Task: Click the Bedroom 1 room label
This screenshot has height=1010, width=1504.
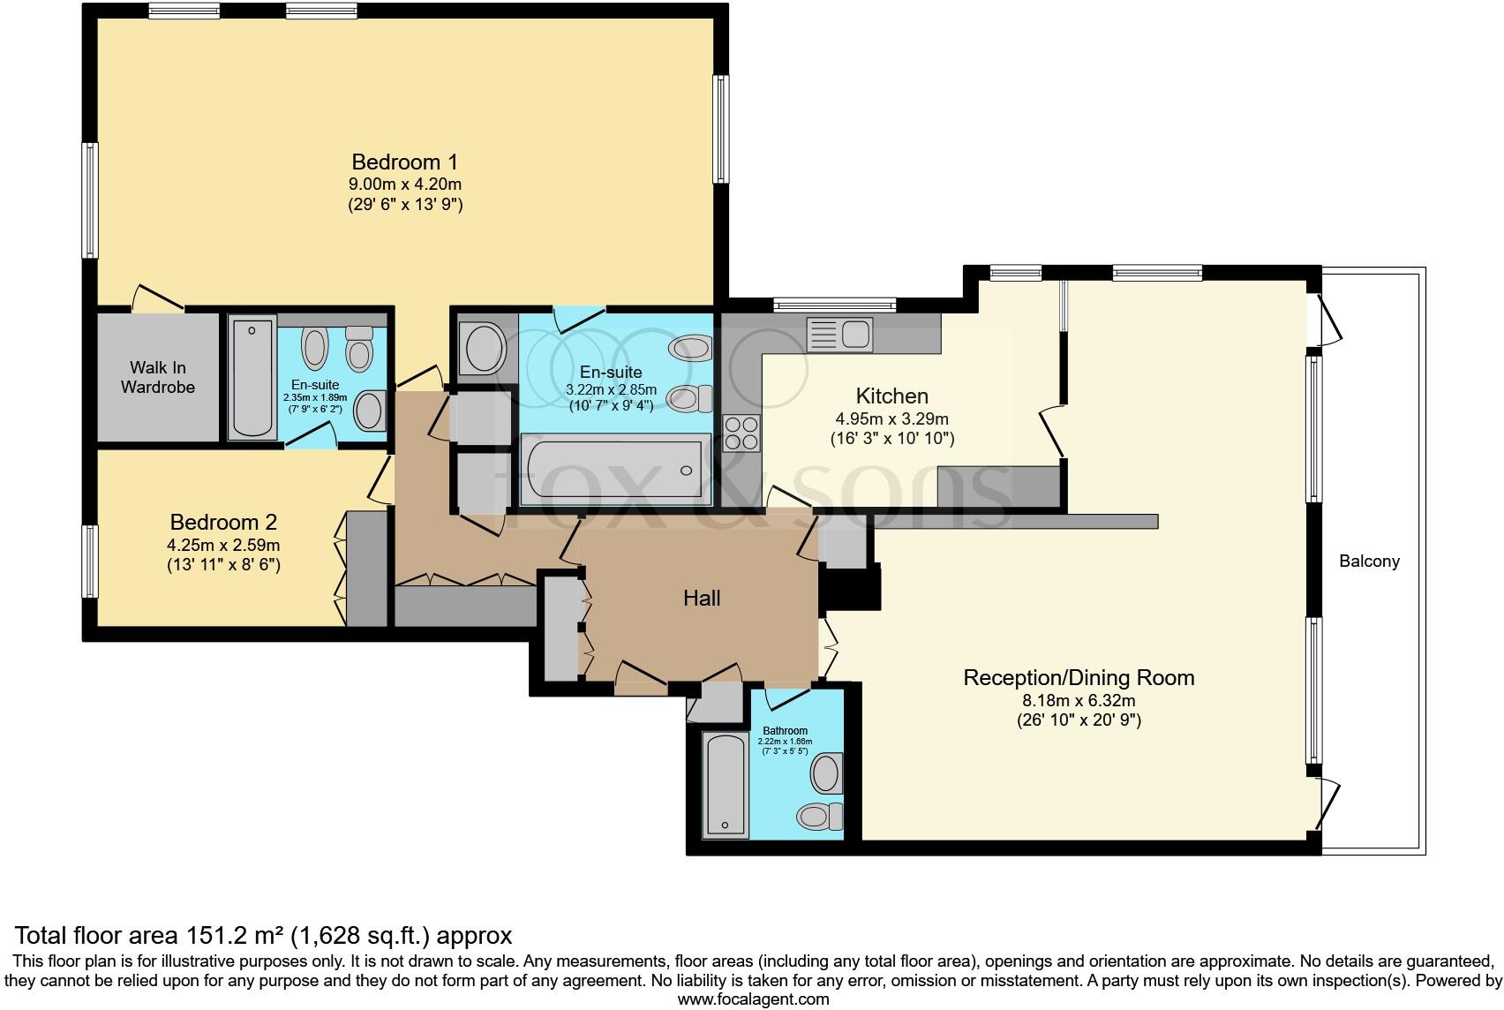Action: tap(405, 162)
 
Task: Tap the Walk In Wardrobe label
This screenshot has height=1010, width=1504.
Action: tap(158, 377)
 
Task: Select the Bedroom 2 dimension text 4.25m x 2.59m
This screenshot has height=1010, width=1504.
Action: tap(224, 546)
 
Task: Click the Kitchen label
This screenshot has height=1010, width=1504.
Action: tap(891, 396)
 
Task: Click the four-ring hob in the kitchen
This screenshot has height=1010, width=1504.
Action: tap(741, 433)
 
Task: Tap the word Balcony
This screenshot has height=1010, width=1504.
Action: tap(1369, 561)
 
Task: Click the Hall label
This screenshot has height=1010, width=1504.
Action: tap(702, 599)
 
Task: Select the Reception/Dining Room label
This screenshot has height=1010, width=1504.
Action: tap(1079, 678)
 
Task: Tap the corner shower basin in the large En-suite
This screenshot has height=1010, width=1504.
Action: tap(482, 350)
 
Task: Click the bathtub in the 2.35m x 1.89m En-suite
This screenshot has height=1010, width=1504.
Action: tap(252, 377)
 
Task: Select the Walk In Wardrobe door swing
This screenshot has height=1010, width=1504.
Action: tap(158, 298)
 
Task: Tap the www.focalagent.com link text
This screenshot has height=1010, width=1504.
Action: tap(753, 999)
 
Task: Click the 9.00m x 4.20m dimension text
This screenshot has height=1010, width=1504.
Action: tap(405, 185)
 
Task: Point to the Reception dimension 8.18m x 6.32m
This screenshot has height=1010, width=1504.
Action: tap(1079, 701)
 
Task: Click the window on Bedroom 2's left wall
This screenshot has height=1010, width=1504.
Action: tap(90, 561)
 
